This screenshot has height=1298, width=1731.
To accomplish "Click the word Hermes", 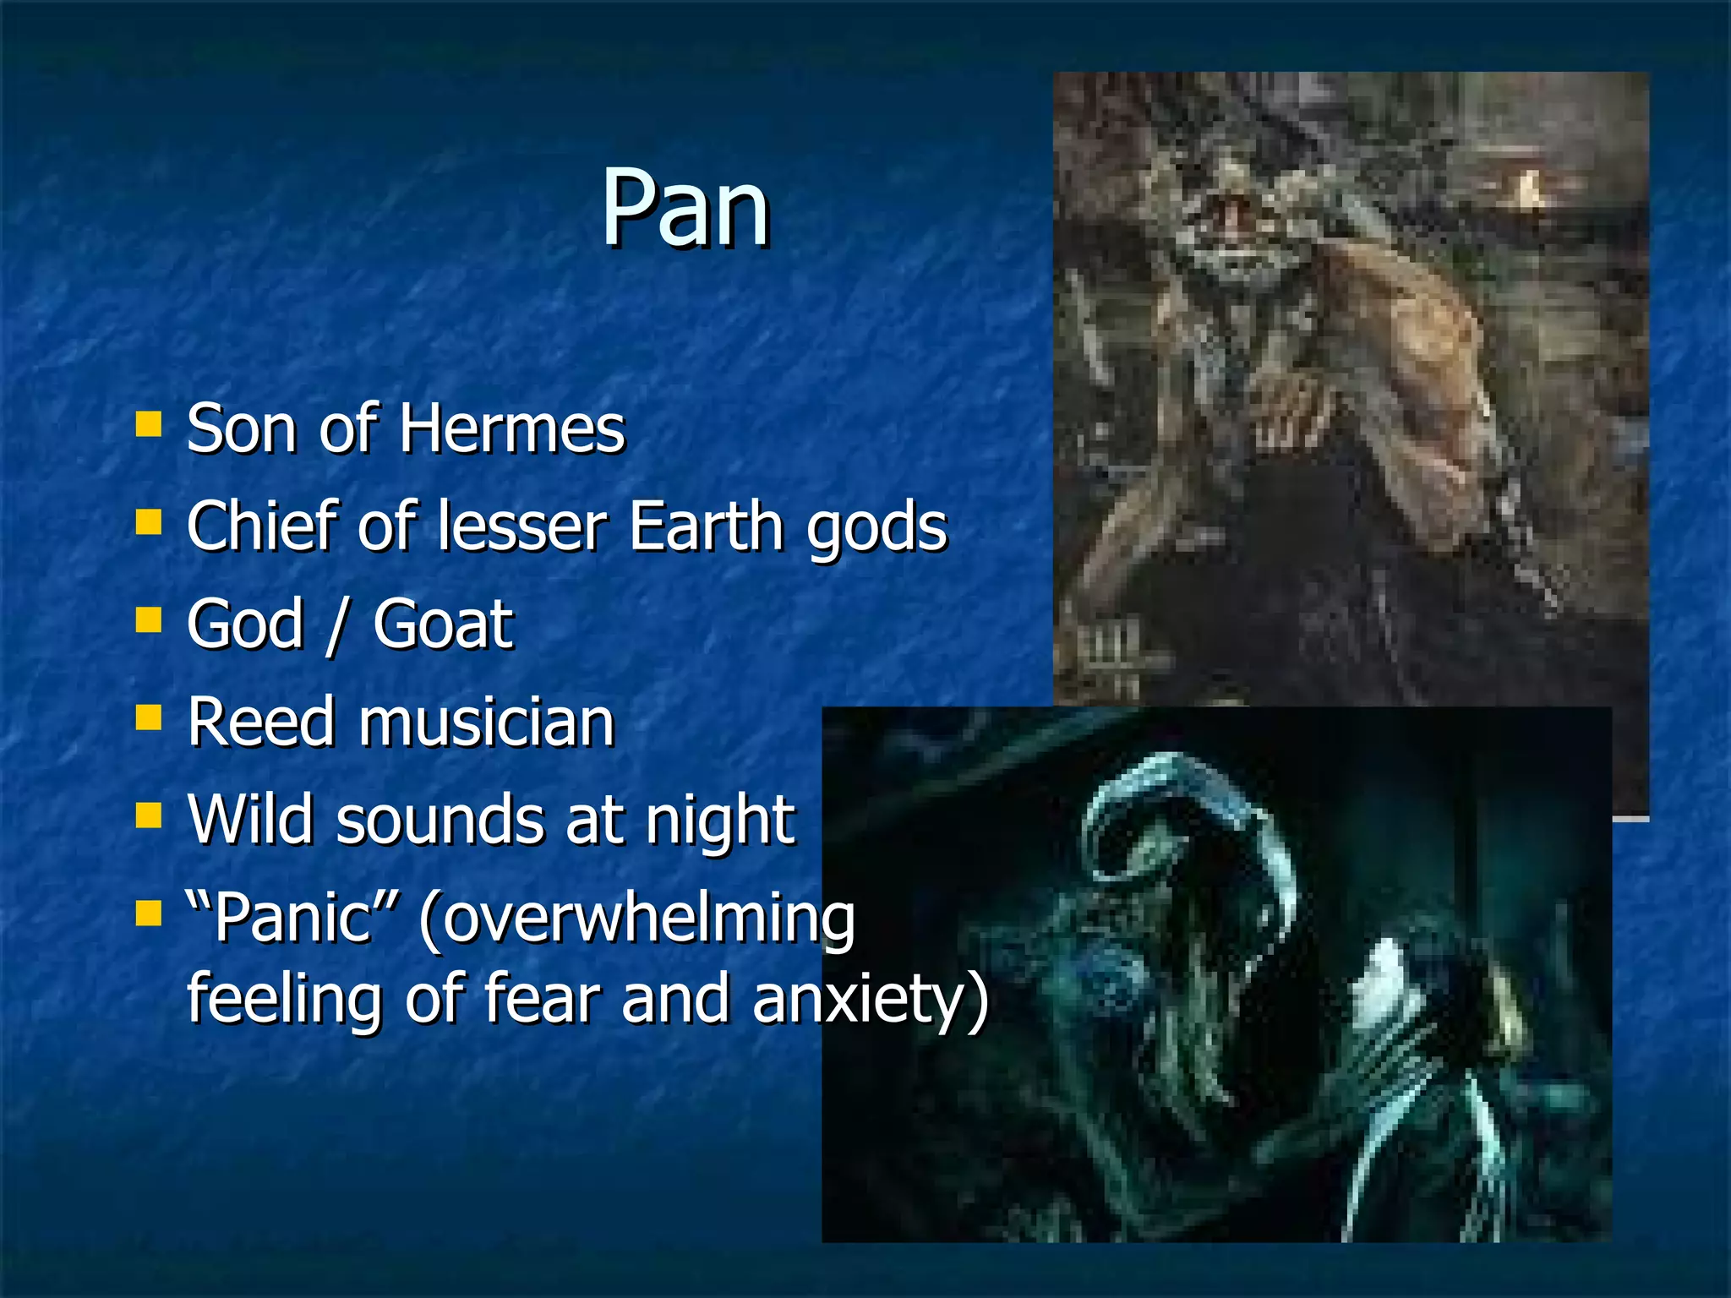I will (511, 428).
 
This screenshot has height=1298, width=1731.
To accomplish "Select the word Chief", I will (263, 526).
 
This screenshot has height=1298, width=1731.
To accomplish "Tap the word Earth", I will (706, 526).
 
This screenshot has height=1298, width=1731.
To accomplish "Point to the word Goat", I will (443, 624).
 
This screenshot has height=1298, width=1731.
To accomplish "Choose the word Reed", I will (262, 723).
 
